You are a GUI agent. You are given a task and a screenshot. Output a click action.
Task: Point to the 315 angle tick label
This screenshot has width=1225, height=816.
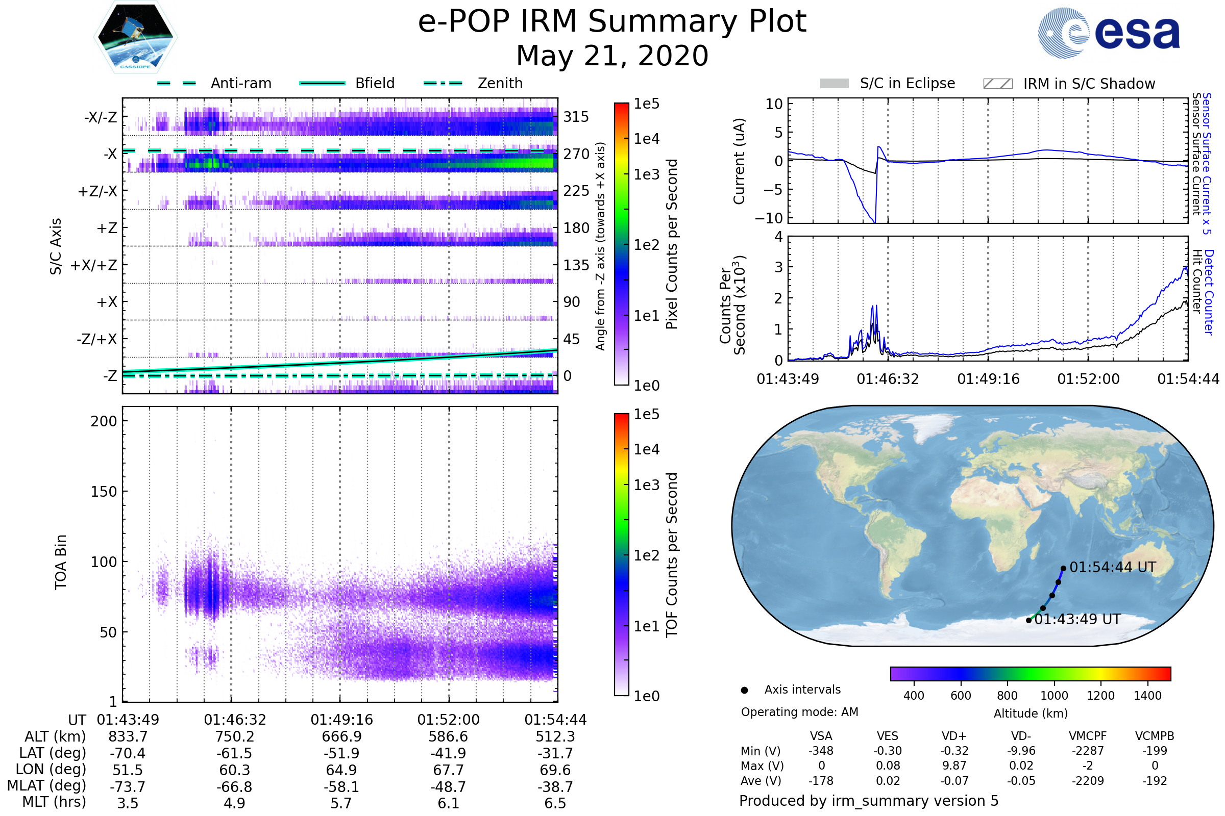pyautogui.click(x=576, y=117)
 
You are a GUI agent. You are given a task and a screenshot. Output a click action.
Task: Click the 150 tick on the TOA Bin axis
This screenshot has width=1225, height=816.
pyautogui.click(x=104, y=492)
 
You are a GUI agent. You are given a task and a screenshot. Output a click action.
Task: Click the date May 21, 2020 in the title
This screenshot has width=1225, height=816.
pyautogui.click(x=612, y=56)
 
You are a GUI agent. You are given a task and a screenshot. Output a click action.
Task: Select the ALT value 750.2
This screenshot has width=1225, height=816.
pyautogui.click(x=235, y=737)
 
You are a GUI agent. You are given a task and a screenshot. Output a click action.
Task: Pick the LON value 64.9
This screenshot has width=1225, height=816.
pyautogui.click(x=341, y=770)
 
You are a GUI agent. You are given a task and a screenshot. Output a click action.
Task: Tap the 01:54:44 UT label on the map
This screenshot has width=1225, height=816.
pyautogui.click(x=1113, y=567)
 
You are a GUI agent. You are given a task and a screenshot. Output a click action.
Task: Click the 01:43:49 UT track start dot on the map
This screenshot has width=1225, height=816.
pyautogui.click(x=1028, y=620)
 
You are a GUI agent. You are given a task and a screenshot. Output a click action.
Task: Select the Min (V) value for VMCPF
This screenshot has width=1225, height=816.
pyautogui.click(x=1088, y=751)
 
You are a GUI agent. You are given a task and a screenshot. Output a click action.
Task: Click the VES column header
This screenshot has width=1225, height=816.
pyautogui.click(x=888, y=736)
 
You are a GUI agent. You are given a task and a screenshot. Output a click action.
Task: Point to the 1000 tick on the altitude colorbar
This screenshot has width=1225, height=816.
pyautogui.click(x=1054, y=696)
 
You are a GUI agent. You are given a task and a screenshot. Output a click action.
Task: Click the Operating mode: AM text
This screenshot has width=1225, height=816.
pyautogui.click(x=799, y=712)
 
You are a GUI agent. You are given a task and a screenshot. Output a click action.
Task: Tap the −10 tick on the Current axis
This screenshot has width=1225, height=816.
pyautogui.click(x=769, y=218)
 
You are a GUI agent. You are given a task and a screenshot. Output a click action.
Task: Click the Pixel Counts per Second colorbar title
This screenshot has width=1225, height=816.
pyautogui.click(x=672, y=244)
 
